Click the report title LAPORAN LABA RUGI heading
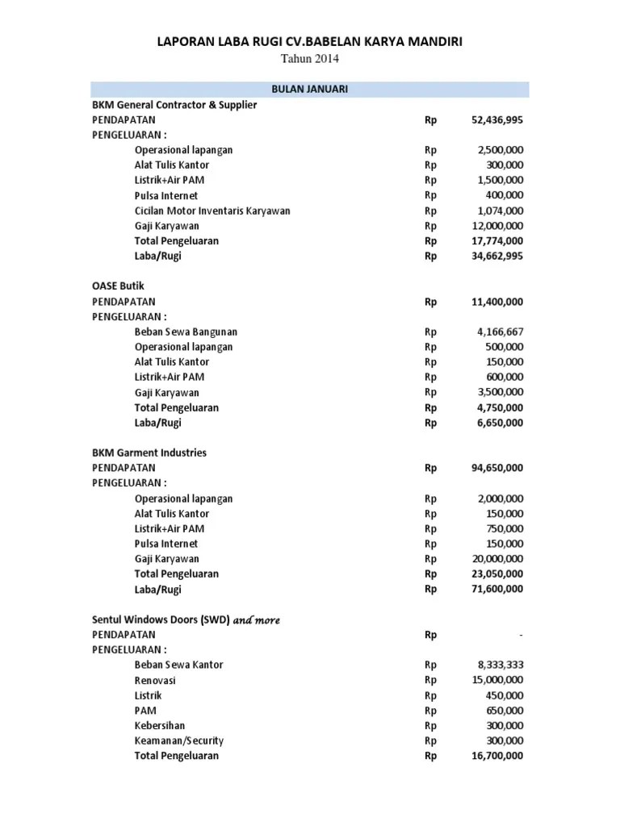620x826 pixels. point(309,40)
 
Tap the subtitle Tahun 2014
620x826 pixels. point(309,59)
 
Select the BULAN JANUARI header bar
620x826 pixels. point(309,89)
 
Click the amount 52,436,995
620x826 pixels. point(496,119)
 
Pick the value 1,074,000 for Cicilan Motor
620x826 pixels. point(501,211)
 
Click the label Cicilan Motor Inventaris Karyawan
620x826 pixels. point(212,211)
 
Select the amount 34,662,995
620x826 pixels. point(496,256)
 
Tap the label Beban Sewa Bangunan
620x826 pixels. point(186,332)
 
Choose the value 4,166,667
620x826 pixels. point(501,332)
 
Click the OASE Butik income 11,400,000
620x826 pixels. point(496,302)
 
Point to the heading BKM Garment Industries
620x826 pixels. point(149,453)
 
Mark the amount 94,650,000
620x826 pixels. point(496,468)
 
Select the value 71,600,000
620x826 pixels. point(496,589)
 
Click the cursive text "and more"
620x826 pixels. point(257,619)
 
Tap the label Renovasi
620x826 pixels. point(156,680)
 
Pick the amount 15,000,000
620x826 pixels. point(499,680)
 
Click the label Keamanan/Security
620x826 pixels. point(179,740)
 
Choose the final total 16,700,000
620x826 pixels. point(496,756)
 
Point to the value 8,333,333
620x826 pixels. point(501,665)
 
